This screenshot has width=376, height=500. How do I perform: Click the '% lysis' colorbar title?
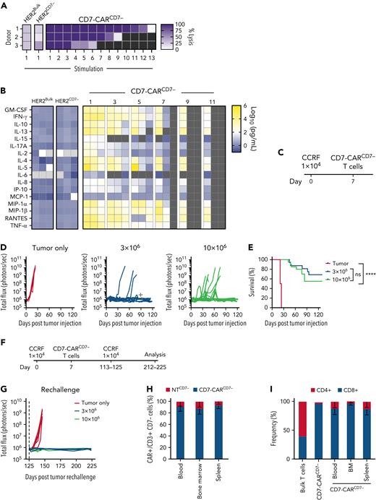[362, 36]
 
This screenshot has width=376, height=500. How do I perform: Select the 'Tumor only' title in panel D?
[40, 227]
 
